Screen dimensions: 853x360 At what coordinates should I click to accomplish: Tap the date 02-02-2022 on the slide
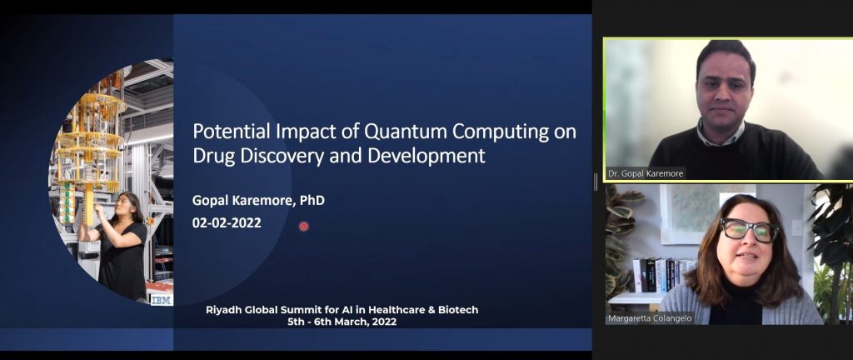click(x=227, y=222)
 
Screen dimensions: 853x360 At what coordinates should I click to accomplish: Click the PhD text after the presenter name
click(x=312, y=200)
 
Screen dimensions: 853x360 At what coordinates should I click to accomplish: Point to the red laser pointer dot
click(x=303, y=226)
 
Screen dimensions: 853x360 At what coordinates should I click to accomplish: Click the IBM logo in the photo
click(x=161, y=300)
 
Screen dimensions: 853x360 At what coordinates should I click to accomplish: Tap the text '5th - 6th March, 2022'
click(x=342, y=322)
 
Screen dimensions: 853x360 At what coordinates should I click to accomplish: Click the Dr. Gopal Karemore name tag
click(x=646, y=173)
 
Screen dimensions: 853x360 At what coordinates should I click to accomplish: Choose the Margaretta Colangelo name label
click(x=651, y=318)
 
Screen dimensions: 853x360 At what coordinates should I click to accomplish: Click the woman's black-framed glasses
click(x=750, y=229)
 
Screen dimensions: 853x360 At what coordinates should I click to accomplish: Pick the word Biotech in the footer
click(x=459, y=311)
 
